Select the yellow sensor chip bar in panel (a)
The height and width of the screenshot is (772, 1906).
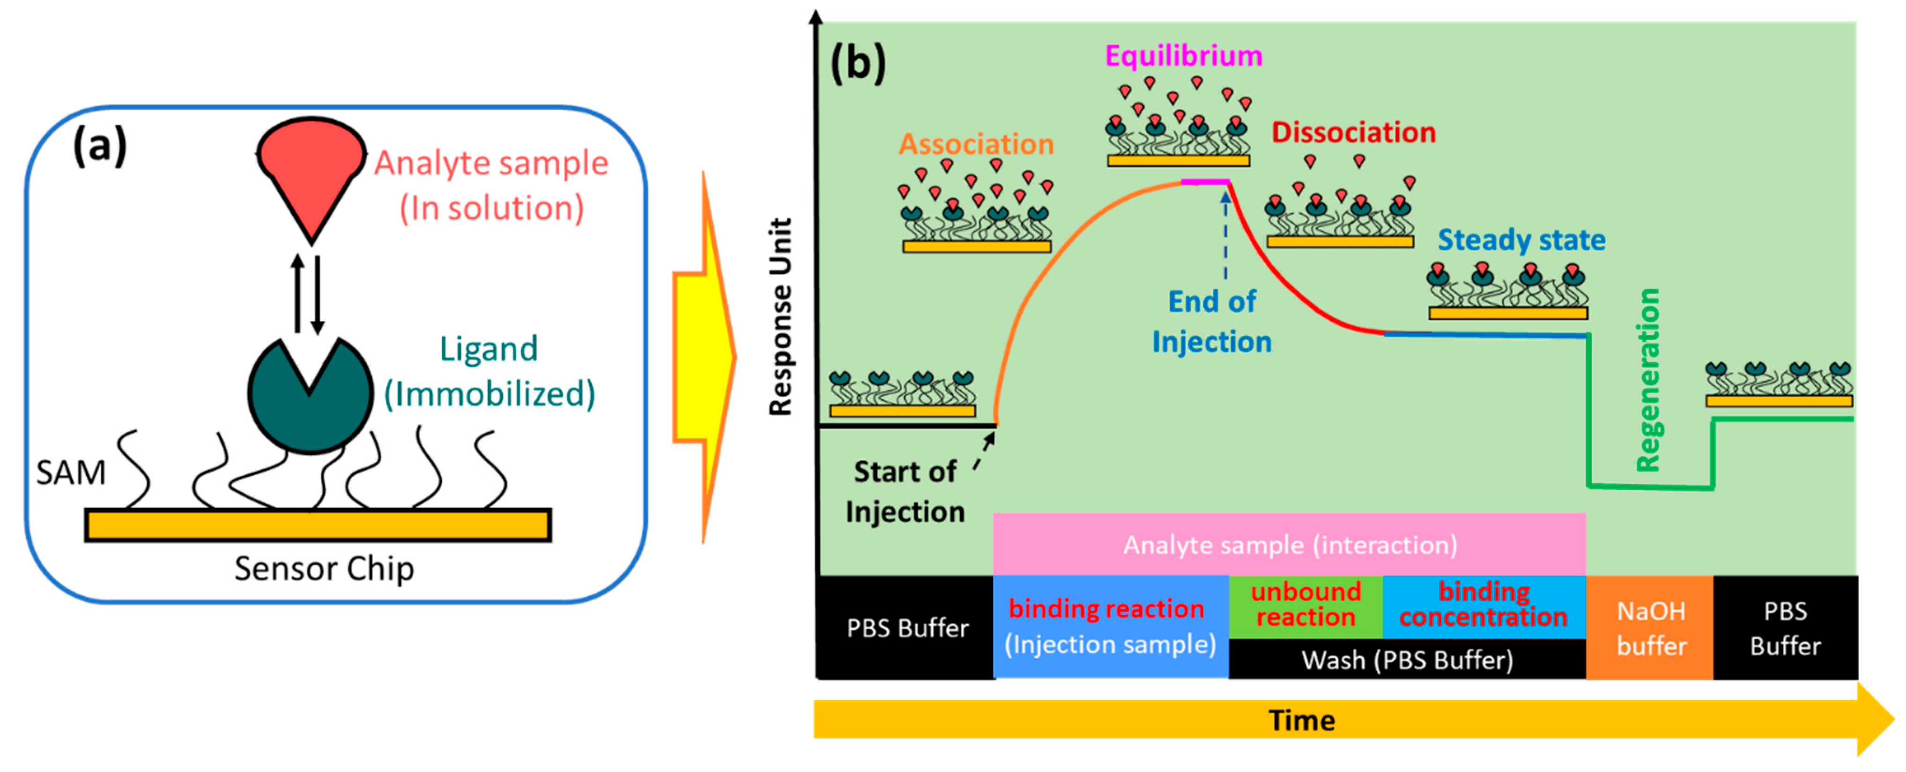click(x=318, y=525)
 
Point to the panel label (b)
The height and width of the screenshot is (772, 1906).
click(x=858, y=64)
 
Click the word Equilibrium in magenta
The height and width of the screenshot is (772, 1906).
click(x=1184, y=56)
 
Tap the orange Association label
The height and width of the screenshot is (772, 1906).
click(x=976, y=143)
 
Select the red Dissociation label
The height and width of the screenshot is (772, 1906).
click(x=1353, y=133)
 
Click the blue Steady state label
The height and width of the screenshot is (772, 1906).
click(x=1521, y=240)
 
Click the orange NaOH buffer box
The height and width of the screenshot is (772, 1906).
click(x=1650, y=628)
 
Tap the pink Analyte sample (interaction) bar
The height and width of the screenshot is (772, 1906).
click(x=1289, y=545)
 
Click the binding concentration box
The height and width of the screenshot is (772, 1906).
click(x=1483, y=606)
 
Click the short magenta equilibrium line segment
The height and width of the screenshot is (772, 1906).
click(x=1205, y=181)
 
